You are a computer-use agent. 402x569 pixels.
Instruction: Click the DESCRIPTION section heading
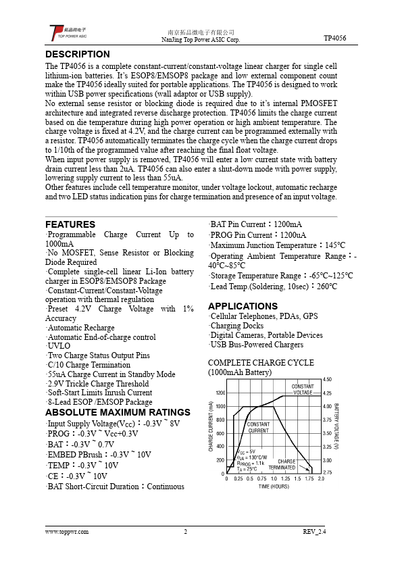click(x=77, y=54)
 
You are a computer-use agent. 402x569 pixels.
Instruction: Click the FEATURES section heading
click(x=70, y=224)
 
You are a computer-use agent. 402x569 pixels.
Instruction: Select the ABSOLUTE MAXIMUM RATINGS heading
click(x=118, y=412)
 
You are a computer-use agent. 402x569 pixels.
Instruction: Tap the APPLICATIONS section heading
click(x=243, y=306)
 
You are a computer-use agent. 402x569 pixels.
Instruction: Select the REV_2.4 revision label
click(x=314, y=531)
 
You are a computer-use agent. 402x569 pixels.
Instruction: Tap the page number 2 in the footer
click(x=185, y=531)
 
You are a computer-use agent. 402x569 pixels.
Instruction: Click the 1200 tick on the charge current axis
click(x=220, y=393)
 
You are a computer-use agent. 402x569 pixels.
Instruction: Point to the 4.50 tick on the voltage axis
click(x=328, y=380)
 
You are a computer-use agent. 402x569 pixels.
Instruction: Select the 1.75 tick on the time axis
click(x=309, y=478)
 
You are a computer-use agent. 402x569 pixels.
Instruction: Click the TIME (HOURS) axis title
click(x=273, y=486)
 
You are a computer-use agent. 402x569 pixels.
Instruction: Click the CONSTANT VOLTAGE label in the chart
click(x=303, y=389)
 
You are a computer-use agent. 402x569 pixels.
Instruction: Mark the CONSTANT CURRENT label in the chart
click(x=258, y=427)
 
